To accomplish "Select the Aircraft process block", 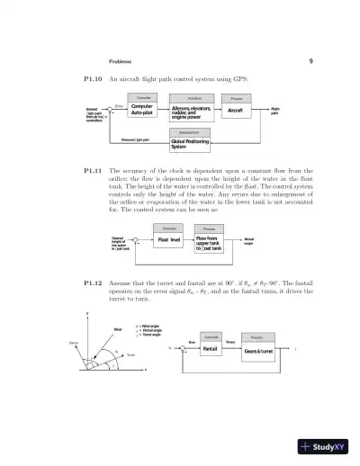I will point(235,111).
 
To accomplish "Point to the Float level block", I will point(169,240).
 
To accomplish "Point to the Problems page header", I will point(121,61).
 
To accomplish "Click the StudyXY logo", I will point(326,446).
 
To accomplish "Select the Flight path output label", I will point(275,111).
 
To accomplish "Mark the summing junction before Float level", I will point(136,240).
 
